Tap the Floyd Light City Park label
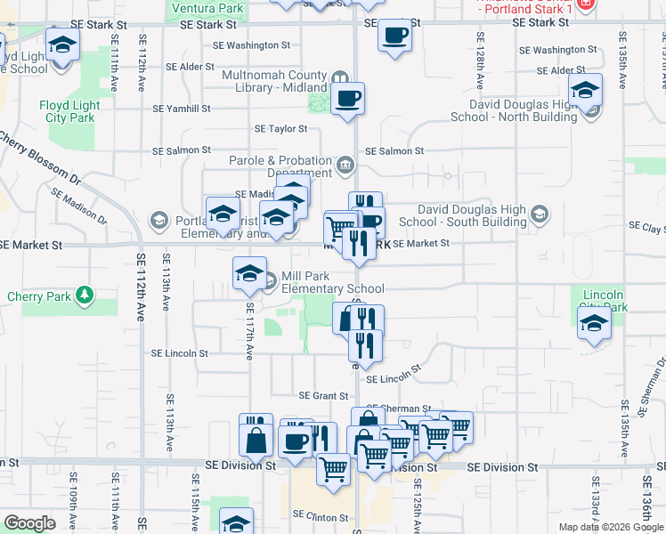tap(67, 111)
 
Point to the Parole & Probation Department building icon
tap(345, 165)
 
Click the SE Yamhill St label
tap(181, 109)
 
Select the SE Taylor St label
tap(280, 129)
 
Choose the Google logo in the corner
tap(30, 522)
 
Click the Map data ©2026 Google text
tap(611, 527)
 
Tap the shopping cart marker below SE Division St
tap(333, 468)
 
